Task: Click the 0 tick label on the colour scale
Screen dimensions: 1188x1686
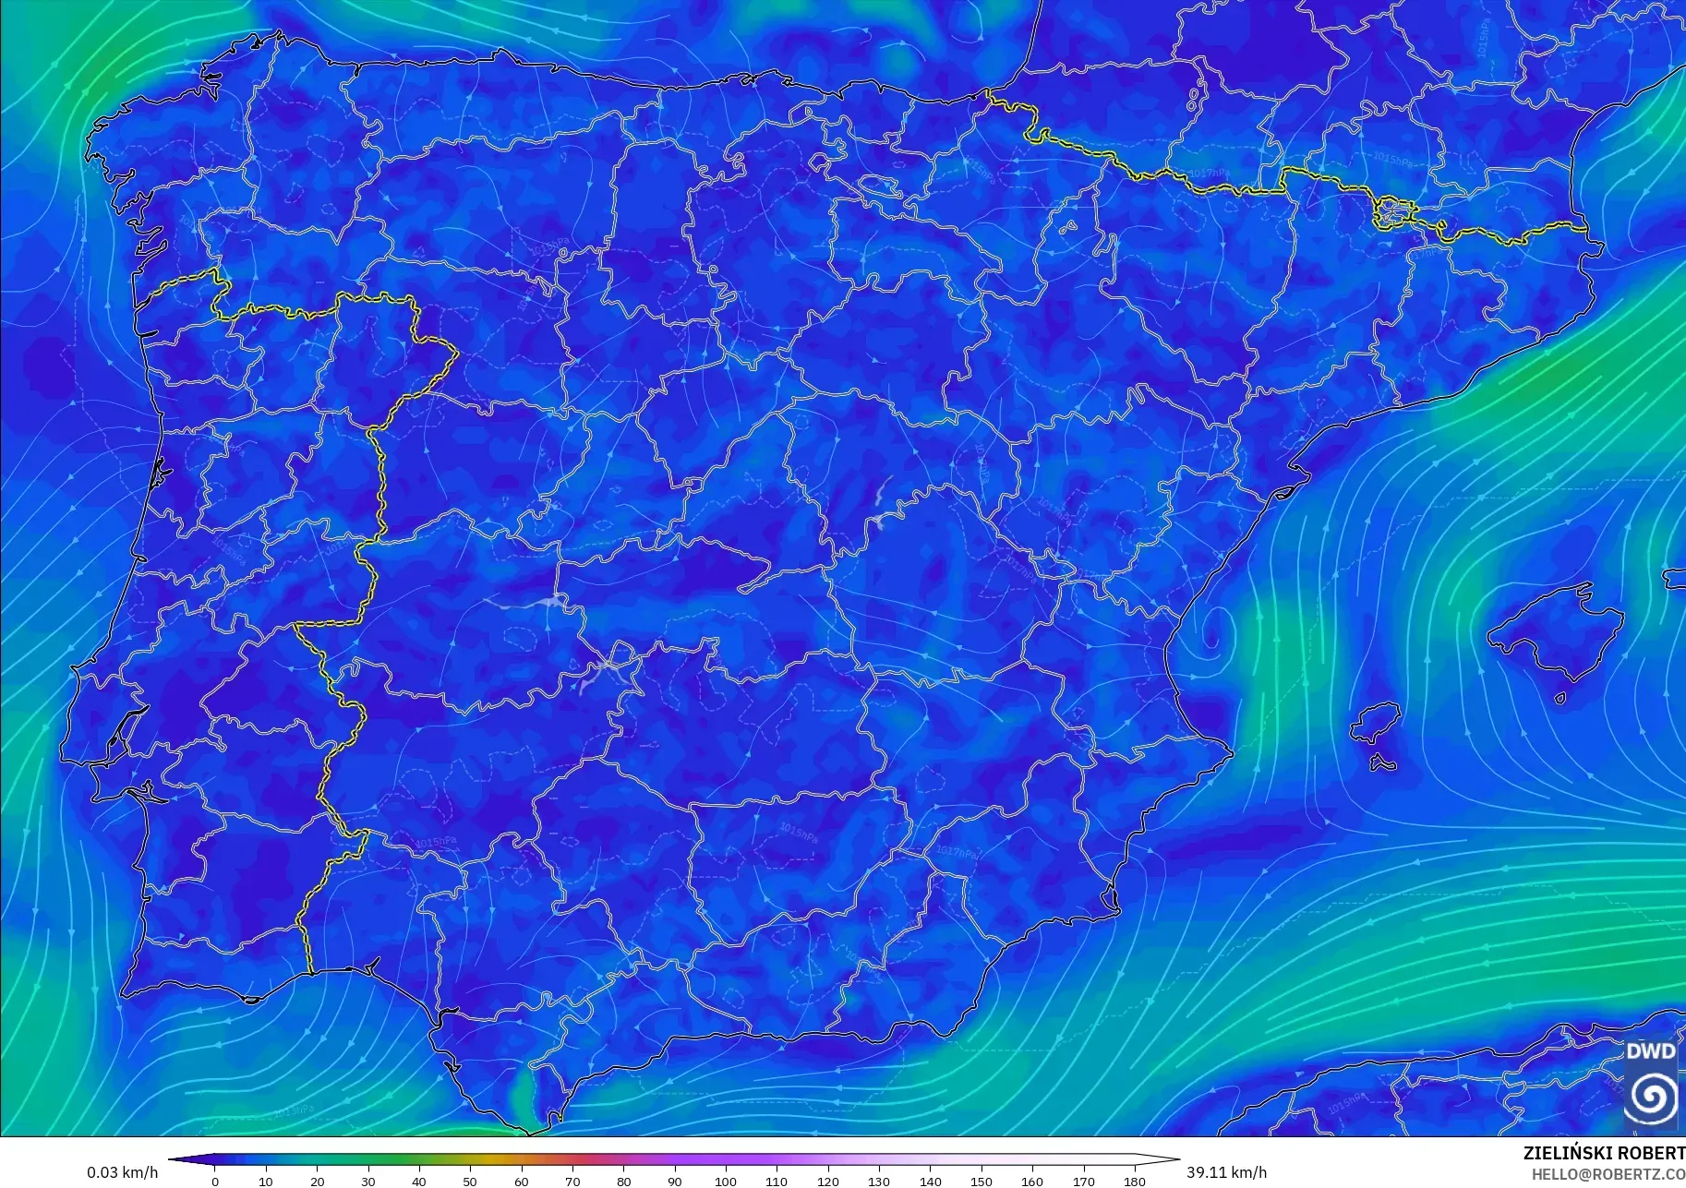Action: (215, 1181)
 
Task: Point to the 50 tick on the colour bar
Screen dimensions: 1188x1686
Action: (470, 1181)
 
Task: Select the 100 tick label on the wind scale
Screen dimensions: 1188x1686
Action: (725, 1181)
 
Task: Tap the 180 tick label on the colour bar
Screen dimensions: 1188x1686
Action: (1134, 1181)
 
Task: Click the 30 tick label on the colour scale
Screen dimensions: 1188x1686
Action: (368, 1181)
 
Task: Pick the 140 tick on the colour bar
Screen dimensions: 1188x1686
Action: (930, 1181)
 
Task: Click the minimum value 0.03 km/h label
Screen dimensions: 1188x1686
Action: (123, 1172)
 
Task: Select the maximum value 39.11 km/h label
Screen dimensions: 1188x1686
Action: (1226, 1172)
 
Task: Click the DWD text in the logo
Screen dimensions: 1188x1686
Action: (1650, 1051)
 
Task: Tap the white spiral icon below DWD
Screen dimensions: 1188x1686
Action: (1651, 1096)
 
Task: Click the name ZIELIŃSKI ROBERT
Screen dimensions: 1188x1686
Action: (1604, 1154)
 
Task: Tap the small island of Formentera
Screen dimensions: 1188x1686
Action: (1382, 763)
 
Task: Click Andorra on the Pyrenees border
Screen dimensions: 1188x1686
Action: (1392, 213)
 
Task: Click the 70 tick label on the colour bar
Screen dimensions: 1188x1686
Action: (572, 1181)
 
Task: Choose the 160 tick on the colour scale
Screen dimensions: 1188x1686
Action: (1031, 1181)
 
